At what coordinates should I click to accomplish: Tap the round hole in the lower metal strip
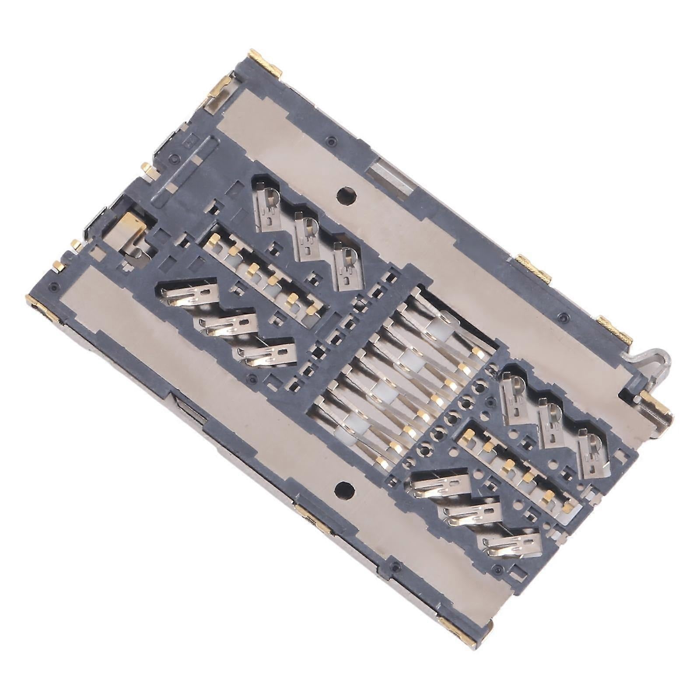click(344, 488)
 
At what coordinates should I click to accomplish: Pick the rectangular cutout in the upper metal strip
click(389, 178)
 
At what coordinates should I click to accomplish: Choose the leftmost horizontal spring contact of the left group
click(188, 293)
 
